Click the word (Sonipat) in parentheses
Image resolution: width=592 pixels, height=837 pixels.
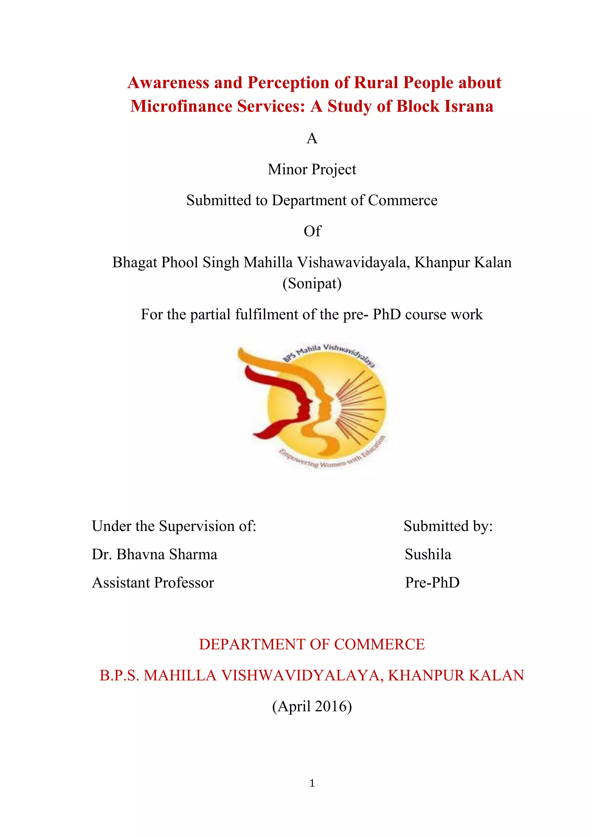click(312, 284)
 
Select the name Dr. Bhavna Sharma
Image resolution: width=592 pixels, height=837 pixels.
click(155, 554)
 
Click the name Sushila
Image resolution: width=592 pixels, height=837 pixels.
click(428, 554)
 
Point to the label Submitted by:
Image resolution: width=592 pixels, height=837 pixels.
click(448, 526)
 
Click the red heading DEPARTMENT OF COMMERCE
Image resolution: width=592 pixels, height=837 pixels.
click(312, 645)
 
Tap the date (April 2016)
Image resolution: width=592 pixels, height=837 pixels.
click(312, 706)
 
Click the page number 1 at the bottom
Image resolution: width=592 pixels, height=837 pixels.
click(312, 783)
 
